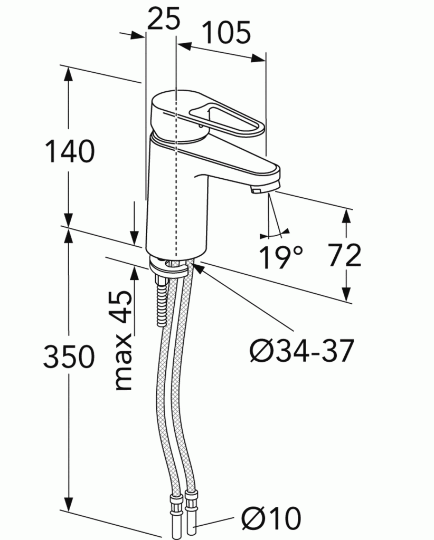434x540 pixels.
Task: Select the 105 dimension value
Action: coord(226,33)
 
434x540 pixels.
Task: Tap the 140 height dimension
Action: coord(70,151)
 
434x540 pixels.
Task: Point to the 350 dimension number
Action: coord(69,356)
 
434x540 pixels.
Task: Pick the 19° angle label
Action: coord(280,257)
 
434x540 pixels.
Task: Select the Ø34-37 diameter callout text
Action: coord(301,351)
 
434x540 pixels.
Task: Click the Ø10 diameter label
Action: coord(271,518)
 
